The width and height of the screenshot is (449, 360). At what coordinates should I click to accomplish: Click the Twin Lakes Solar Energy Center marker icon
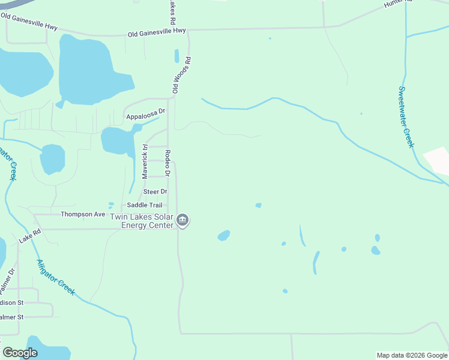[184, 221]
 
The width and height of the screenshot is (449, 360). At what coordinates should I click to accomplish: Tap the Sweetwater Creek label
[406, 117]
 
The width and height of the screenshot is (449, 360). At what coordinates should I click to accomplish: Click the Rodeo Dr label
[168, 163]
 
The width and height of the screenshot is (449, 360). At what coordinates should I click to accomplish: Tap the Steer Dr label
[155, 191]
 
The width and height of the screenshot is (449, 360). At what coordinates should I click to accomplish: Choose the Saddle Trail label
[145, 205]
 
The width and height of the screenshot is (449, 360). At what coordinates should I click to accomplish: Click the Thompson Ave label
[83, 214]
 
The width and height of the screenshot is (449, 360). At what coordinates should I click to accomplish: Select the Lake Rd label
[29, 235]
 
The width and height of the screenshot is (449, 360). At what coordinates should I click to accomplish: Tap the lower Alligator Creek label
[56, 277]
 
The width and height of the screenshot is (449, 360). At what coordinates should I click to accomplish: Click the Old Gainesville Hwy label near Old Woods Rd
[157, 32]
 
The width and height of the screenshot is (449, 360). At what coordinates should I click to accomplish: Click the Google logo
[20, 353]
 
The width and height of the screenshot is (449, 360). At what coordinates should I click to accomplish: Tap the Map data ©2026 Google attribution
[412, 355]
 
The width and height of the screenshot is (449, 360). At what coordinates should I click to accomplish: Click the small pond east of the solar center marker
[223, 235]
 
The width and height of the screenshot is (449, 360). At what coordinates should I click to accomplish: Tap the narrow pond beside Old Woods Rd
[176, 56]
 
